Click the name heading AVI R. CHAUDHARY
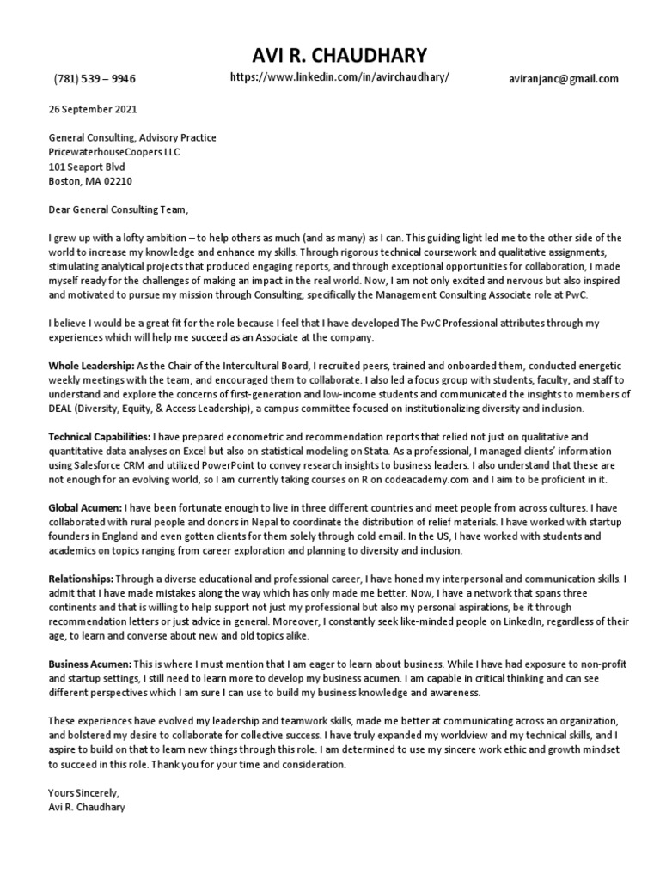[339, 56]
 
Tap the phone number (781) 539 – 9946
[95, 79]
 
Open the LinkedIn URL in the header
[339, 77]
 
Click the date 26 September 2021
[93, 110]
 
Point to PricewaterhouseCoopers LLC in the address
[115, 152]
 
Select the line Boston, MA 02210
[90, 182]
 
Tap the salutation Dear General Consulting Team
[117, 209]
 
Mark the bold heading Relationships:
[80, 579]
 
